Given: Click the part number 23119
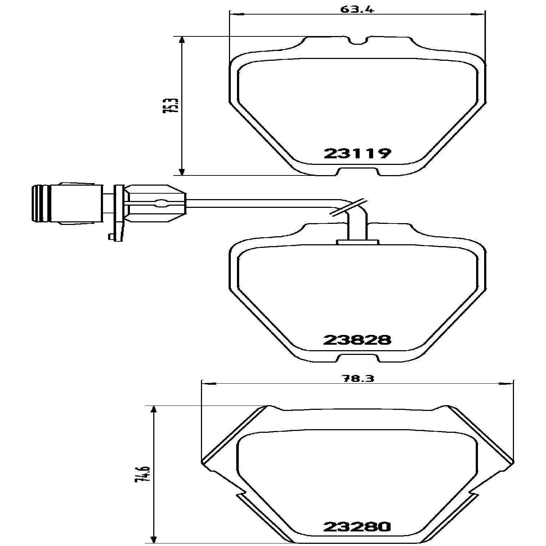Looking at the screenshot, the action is pyautogui.click(x=357, y=153).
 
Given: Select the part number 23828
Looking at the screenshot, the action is pyautogui.click(x=357, y=340).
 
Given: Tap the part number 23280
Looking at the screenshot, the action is pyautogui.click(x=357, y=527).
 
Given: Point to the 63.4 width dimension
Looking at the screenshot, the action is pyautogui.click(x=357, y=9).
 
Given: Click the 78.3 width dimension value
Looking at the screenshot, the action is pyautogui.click(x=358, y=378).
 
